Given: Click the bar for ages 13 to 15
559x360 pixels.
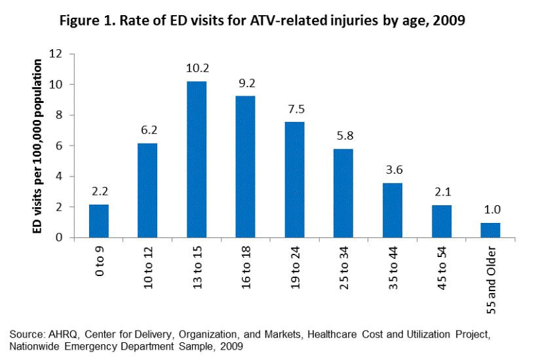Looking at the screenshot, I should click(x=197, y=159).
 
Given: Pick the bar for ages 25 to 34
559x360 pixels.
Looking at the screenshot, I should click(x=343, y=193).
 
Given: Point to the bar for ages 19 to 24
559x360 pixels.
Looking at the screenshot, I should click(x=295, y=180).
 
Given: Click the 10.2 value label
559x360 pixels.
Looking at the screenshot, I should click(x=197, y=68).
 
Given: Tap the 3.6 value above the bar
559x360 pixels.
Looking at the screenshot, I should click(x=393, y=170).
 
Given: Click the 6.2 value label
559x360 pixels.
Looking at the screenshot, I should click(x=147, y=130).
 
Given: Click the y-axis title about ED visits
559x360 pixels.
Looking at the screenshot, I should click(x=38, y=146).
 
